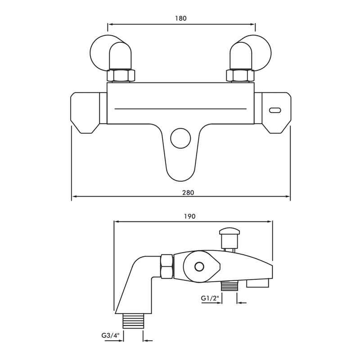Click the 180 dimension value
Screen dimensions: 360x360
tap(180, 18)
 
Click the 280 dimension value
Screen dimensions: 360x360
tap(188, 192)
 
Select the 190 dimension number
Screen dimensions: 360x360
tap(189, 216)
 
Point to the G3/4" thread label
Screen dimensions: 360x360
tap(109, 335)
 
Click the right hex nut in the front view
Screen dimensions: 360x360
tap(242, 75)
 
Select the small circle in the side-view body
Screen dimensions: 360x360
tap(198, 266)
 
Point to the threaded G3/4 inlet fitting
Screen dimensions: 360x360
tap(133, 321)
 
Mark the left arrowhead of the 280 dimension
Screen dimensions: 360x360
tap(74, 197)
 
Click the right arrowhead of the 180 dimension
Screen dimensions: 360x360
tap(253, 24)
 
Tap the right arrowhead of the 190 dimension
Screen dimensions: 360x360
tap(271, 221)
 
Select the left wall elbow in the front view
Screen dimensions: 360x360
tap(110, 52)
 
